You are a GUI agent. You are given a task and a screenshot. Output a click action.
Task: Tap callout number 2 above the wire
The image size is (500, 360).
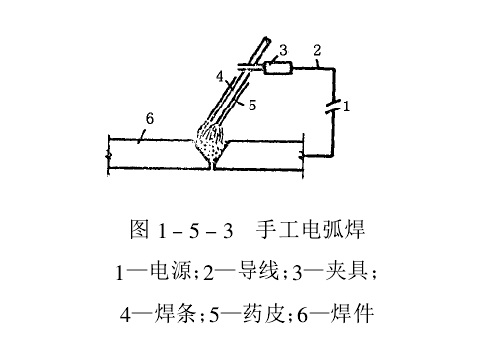click(x=316, y=50)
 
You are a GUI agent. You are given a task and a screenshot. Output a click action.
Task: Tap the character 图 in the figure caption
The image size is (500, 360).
click(x=140, y=230)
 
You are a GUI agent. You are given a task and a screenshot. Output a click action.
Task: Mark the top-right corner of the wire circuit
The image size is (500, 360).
click(x=334, y=68)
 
